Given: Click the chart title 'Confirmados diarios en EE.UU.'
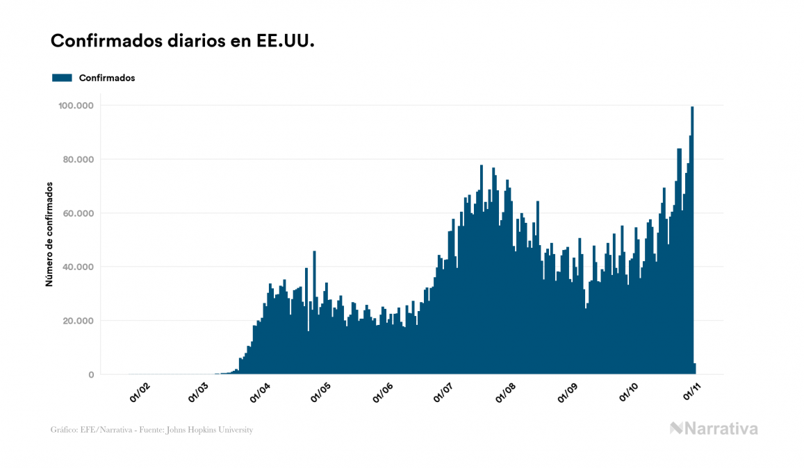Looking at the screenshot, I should coord(183,42).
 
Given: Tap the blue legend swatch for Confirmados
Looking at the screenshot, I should coord(62,78).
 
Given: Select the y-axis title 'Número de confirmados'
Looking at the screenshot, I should coord(49,235).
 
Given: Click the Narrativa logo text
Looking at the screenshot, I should coord(721,428).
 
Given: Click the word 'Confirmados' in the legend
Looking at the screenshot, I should coord(107,78).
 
